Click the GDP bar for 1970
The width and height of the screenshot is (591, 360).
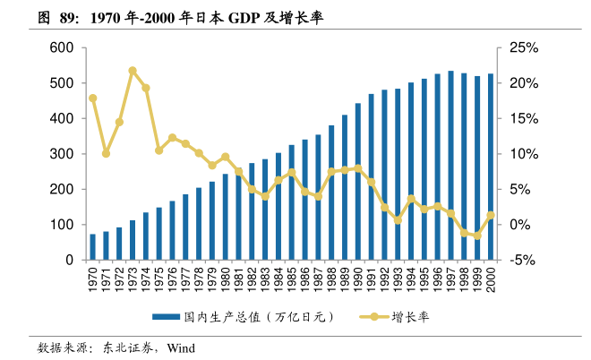coord(92,247)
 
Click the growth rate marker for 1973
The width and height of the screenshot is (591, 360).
coord(133,70)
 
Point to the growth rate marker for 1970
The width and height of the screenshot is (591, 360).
coord(92,99)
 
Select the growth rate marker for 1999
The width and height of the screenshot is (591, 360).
coord(477,236)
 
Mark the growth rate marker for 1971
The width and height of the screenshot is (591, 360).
coord(106,153)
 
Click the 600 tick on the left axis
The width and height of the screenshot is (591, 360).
coord(62,47)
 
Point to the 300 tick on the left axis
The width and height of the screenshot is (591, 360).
coord(62,154)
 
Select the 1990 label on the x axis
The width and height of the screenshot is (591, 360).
coord(358,277)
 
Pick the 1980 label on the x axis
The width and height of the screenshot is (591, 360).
coord(226,277)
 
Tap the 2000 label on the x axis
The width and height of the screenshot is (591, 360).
coord(491,277)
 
